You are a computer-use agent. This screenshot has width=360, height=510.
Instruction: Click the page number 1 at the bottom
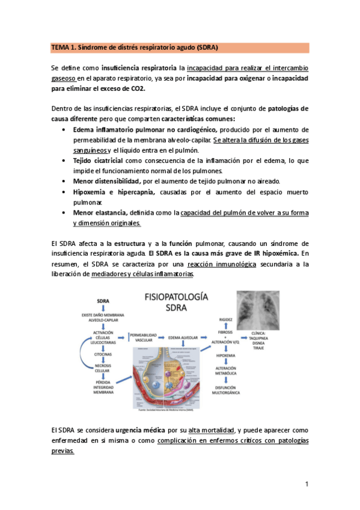[x=306, y=484]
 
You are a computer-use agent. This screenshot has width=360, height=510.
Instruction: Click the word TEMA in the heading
[x=60, y=48]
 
